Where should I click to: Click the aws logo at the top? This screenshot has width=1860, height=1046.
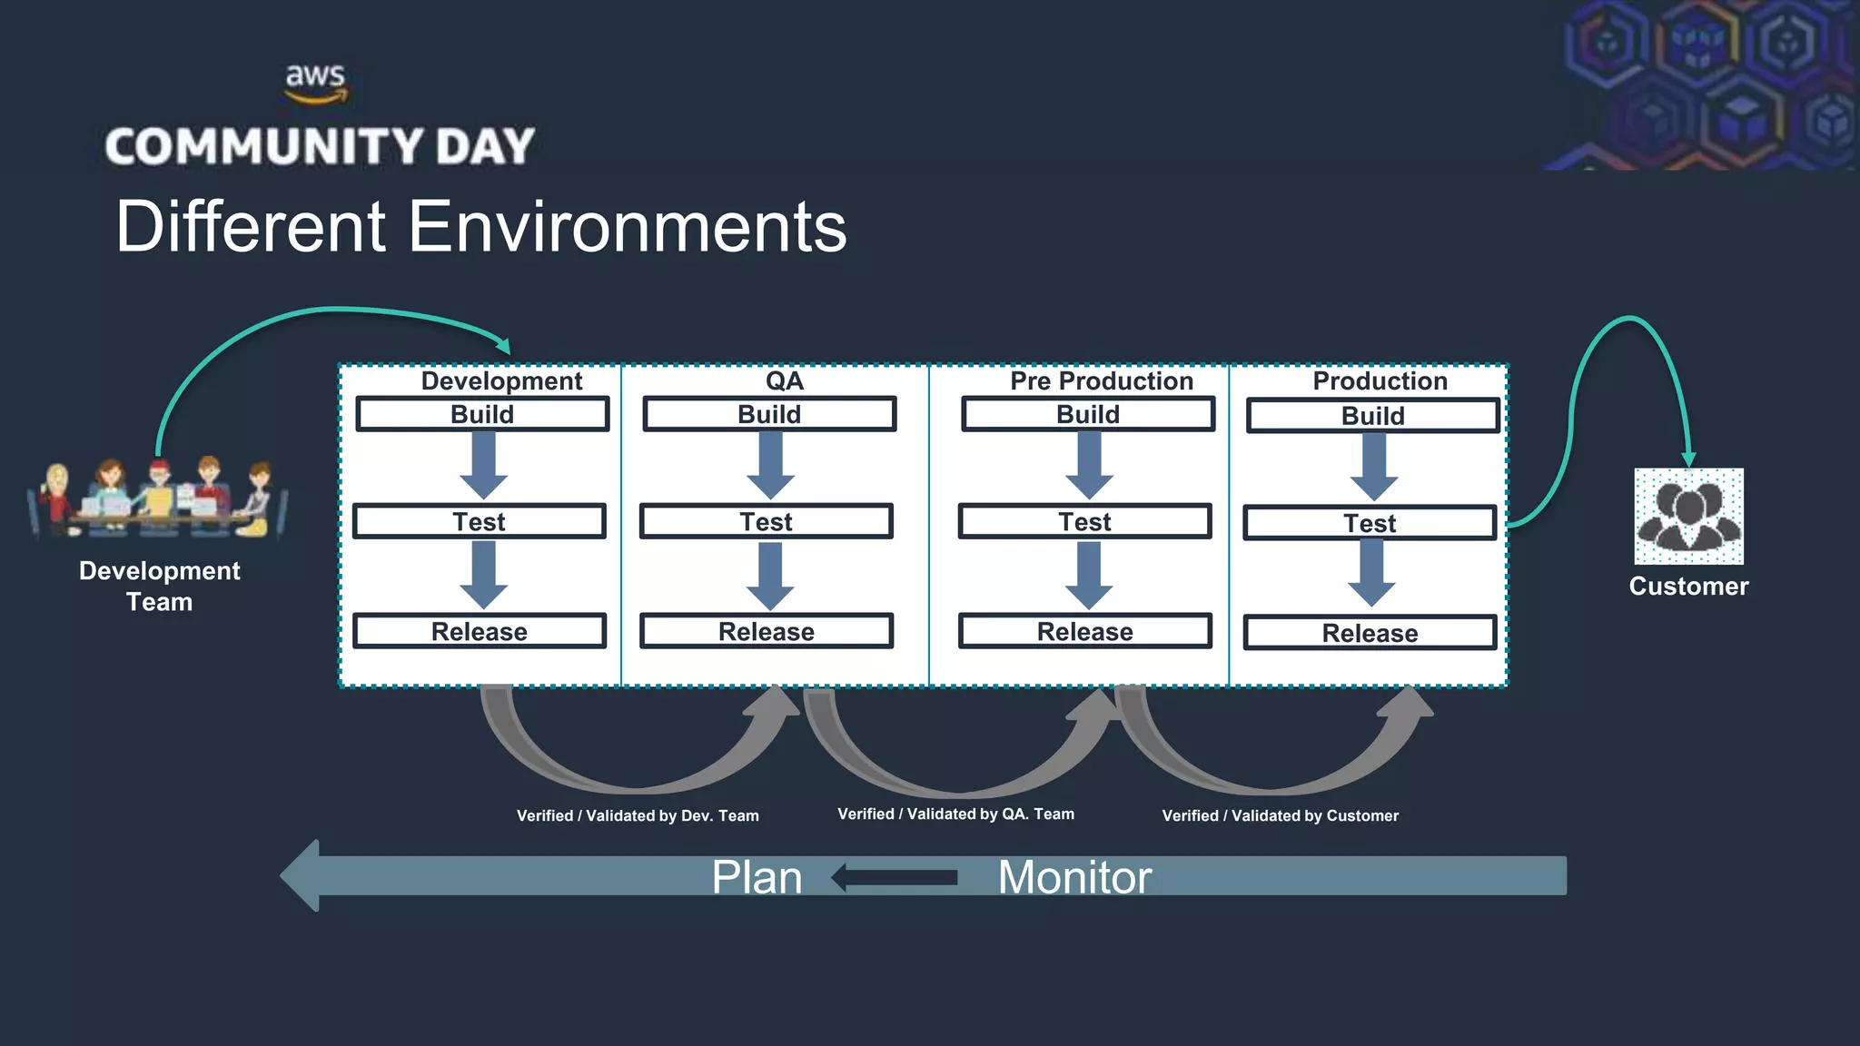315,82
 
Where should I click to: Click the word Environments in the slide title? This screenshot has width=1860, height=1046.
627,227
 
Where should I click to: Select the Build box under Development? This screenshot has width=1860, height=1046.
482,414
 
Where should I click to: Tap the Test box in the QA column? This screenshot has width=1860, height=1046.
766,522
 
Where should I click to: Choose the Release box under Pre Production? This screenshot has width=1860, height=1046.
1084,631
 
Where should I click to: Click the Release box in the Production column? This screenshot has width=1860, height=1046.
1370,633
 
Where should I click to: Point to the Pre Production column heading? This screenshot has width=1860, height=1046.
1101,380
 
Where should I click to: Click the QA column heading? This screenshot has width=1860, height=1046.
784,380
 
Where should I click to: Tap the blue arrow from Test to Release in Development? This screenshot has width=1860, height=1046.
483,575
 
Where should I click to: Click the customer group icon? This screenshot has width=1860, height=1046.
1688,516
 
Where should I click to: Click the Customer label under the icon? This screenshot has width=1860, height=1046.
1688,587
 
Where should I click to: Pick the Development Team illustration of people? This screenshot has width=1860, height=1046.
159,499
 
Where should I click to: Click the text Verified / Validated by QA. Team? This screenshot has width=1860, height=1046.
955,814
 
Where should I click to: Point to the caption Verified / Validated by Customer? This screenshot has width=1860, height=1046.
1280,815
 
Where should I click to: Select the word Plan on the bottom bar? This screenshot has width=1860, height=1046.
757,877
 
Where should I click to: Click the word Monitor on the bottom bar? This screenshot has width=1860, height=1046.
1074,877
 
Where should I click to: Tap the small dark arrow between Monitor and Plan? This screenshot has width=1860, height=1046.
895,877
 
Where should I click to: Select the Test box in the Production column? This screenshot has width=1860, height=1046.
1370,523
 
